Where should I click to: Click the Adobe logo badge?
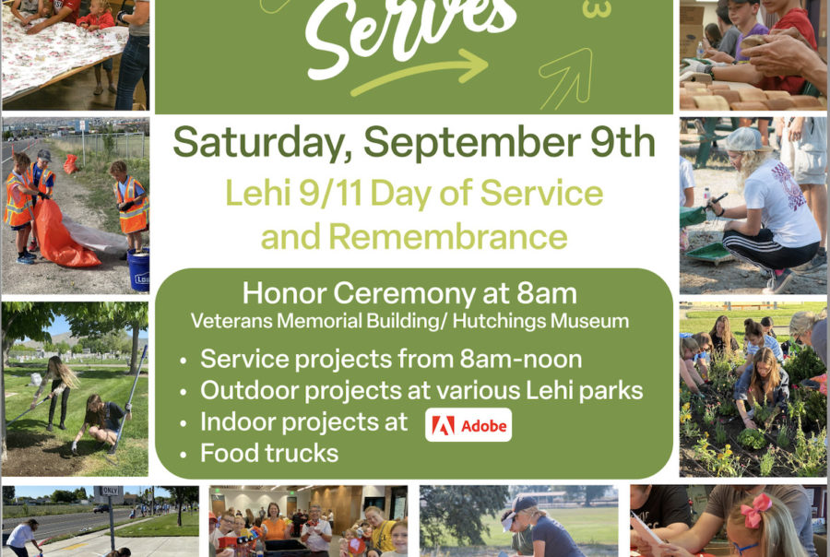468,424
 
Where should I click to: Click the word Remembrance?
448,236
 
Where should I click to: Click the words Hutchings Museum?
540,321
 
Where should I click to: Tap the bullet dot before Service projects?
184,361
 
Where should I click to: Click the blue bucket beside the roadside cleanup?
138,269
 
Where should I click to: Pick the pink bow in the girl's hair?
755,510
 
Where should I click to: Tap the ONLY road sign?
109,492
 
